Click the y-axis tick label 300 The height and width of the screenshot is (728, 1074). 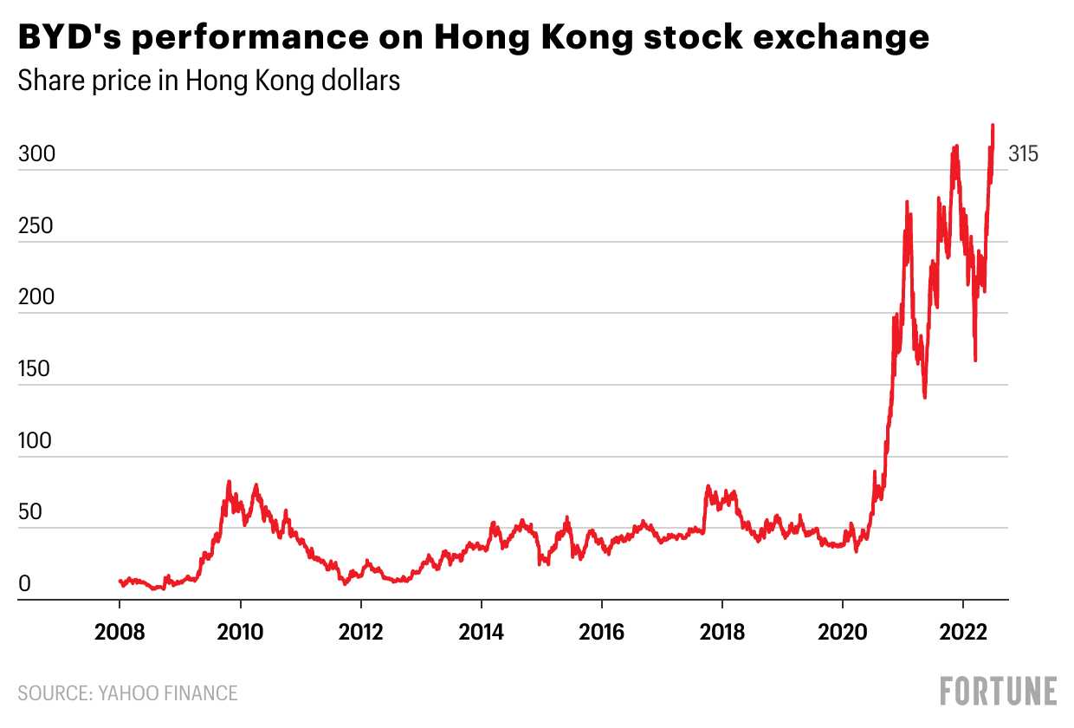click(x=36, y=155)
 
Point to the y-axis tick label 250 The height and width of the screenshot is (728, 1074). click(x=36, y=227)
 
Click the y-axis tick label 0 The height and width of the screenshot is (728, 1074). click(x=25, y=585)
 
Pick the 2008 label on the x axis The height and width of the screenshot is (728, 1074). click(x=120, y=630)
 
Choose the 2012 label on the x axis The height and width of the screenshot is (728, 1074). click(x=360, y=630)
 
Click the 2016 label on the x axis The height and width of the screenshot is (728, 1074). click(x=601, y=630)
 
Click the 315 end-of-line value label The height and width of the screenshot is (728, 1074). click(x=1023, y=155)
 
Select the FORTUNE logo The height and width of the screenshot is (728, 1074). click(x=999, y=692)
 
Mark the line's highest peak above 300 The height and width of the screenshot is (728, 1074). click(x=993, y=126)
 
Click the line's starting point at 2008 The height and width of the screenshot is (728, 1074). click(x=120, y=581)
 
